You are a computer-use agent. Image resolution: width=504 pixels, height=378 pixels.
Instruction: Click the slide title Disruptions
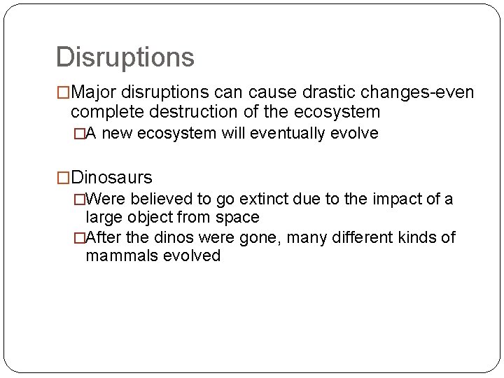click(x=125, y=57)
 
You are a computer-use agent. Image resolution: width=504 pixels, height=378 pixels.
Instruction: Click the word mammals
click(x=116, y=255)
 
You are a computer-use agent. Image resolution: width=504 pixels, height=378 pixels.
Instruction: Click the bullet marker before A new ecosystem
click(x=80, y=134)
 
